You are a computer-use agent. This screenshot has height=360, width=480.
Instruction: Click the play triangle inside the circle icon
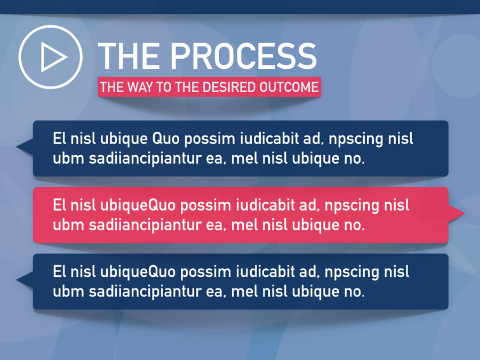(x=52, y=57)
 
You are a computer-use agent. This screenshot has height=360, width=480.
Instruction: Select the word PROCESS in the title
(x=243, y=56)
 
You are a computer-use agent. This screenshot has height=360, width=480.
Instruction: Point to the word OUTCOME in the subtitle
(x=289, y=87)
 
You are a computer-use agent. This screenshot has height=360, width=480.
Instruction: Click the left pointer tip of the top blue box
(x=17, y=146)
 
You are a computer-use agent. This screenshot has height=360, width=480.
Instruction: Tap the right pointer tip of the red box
(x=465, y=213)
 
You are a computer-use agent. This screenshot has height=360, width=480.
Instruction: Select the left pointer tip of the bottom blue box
(x=17, y=279)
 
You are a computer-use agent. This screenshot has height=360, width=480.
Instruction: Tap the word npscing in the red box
(x=351, y=206)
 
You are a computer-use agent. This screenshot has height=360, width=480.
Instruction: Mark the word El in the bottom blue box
(x=60, y=271)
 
